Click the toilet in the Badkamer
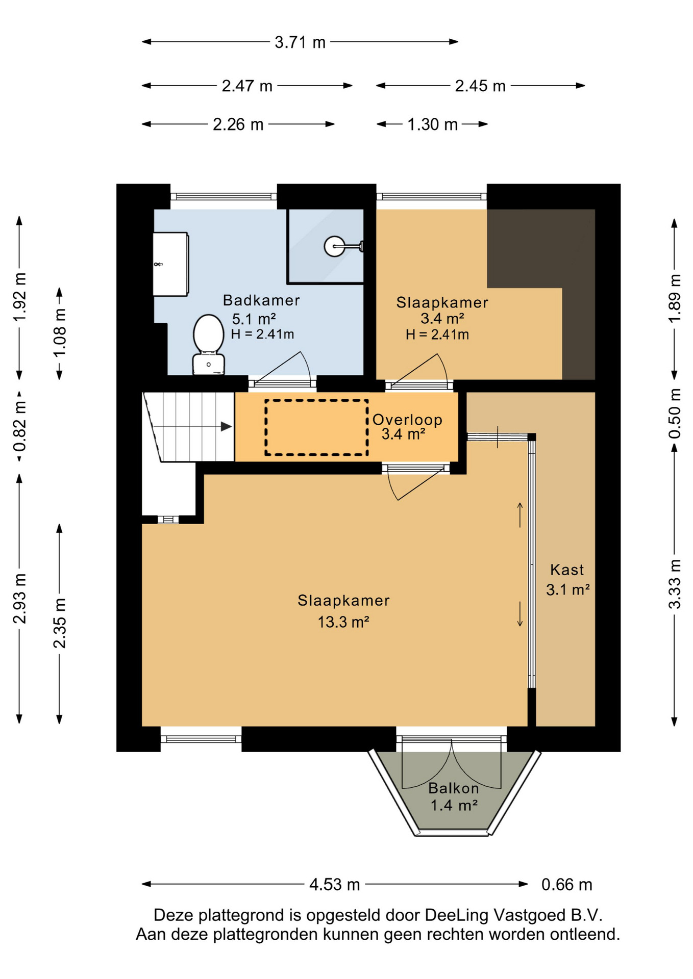[208, 345]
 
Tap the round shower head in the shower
[334, 246]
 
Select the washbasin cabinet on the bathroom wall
[171, 264]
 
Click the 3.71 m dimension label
[300, 42]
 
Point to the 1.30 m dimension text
[432, 124]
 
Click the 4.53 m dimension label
[334, 885]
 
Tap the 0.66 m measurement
[566, 885]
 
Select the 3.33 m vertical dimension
[675, 584]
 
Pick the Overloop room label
[407, 420]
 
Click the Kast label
[567, 570]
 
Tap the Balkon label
[454, 788]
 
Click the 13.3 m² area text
[343, 622]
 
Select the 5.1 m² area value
[254, 319]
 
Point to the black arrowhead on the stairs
[226, 427]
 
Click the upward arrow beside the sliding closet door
[520, 515]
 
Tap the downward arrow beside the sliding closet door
[520, 614]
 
